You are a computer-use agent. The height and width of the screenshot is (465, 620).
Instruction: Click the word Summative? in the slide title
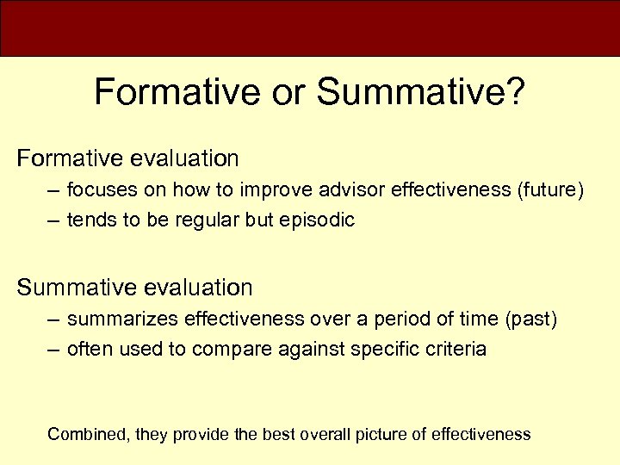[x=419, y=92]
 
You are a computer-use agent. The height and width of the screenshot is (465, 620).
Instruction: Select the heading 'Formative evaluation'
[x=127, y=158]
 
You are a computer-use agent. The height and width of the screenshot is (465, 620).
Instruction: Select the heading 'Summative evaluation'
[x=134, y=287]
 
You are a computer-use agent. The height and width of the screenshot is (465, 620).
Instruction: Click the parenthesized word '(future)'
[x=549, y=189]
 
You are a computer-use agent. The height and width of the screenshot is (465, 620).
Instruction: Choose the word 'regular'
[x=206, y=220]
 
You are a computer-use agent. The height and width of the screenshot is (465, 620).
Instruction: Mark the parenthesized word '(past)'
[x=531, y=319]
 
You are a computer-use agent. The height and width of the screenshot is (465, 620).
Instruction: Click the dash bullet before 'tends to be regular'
[x=53, y=220]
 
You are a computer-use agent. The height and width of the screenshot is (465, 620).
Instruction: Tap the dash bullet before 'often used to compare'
[x=53, y=350]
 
